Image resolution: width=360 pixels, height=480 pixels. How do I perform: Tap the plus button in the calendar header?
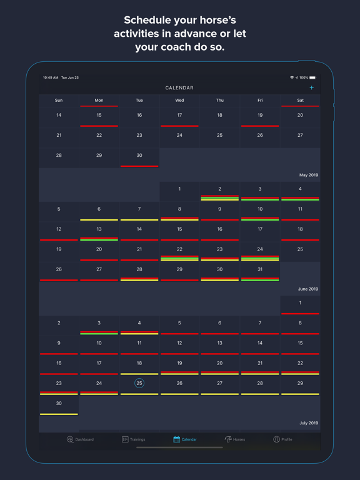coord(311,88)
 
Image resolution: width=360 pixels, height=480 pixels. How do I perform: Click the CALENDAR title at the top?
coord(179,88)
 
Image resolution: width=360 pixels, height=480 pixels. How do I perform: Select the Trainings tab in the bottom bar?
coord(133,439)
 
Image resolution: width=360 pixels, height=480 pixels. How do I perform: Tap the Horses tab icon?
coord(229,439)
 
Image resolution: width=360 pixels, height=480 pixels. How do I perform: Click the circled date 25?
coord(139,383)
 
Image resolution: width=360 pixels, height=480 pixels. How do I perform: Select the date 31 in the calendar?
coord(260,269)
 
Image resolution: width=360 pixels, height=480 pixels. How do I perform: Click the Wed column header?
coord(179,100)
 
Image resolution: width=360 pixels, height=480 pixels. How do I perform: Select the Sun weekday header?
coord(59,100)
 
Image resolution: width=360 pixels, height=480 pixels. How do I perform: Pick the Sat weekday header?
coord(300,100)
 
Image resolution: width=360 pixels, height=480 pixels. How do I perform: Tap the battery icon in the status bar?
coord(312,77)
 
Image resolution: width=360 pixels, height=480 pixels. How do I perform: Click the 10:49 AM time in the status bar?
coord(51,77)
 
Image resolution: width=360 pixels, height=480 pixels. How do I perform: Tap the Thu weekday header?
coord(219,100)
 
